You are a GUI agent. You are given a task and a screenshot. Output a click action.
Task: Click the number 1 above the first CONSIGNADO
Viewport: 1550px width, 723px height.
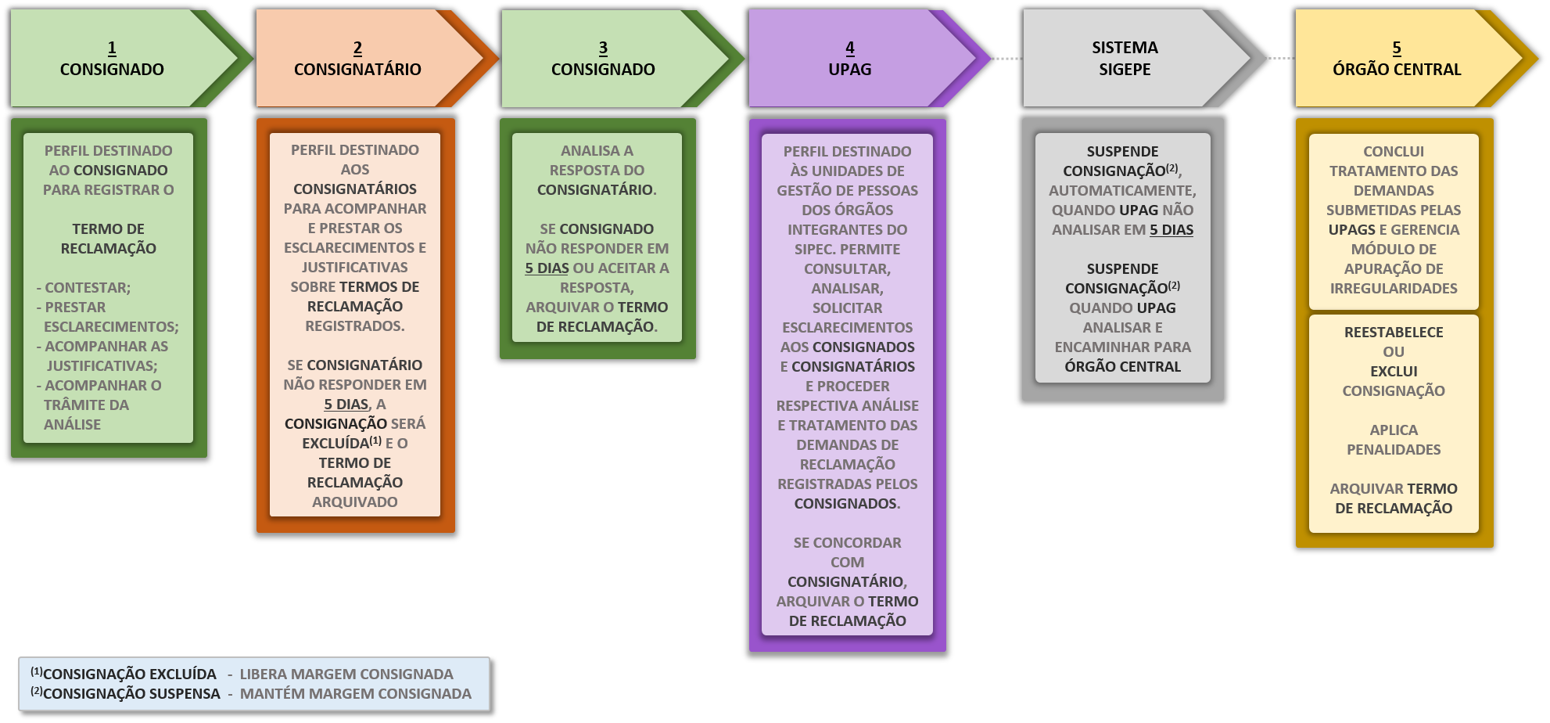pos(112,49)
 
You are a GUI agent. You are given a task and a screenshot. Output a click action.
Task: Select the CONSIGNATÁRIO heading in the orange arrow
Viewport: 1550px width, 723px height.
pos(357,70)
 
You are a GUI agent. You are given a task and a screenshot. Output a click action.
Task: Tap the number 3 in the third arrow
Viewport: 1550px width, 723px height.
pos(603,49)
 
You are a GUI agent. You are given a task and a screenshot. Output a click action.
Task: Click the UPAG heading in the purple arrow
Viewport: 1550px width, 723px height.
pos(849,70)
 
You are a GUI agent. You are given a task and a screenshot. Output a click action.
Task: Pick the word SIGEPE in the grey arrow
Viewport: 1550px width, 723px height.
pos(1125,70)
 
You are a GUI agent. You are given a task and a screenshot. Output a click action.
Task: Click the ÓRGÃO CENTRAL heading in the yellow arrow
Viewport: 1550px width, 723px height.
pos(1397,70)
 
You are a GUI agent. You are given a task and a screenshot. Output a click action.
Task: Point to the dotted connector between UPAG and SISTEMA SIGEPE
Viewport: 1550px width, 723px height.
pos(1006,59)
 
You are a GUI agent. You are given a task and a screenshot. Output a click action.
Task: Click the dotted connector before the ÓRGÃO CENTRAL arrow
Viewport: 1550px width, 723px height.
pos(1280,59)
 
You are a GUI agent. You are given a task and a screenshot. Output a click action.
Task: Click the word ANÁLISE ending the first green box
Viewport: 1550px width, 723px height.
pos(72,425)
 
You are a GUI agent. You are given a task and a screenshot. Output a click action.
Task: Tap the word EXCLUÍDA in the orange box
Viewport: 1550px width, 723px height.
pos(335,444)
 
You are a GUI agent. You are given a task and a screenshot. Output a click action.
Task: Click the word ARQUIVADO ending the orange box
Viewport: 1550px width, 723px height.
pos(354,502)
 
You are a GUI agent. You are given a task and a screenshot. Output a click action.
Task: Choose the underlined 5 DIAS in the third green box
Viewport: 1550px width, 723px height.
pos(547,268)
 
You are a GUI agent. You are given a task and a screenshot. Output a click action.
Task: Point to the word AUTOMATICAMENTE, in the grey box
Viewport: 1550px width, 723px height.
pos(1122,191)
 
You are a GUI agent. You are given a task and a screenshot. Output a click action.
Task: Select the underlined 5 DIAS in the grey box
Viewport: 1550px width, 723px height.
pos(1171,230)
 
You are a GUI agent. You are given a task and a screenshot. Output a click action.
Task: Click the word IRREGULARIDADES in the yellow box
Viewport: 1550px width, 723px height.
pos(1394,289)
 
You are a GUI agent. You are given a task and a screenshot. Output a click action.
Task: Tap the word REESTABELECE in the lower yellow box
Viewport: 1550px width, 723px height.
pos(1394,333)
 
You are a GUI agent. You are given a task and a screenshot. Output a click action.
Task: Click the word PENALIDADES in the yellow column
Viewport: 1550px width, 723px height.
pos(1394,450)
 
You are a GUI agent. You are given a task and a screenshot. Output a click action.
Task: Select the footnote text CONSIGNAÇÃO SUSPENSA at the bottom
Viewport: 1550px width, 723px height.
pos(131,694)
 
